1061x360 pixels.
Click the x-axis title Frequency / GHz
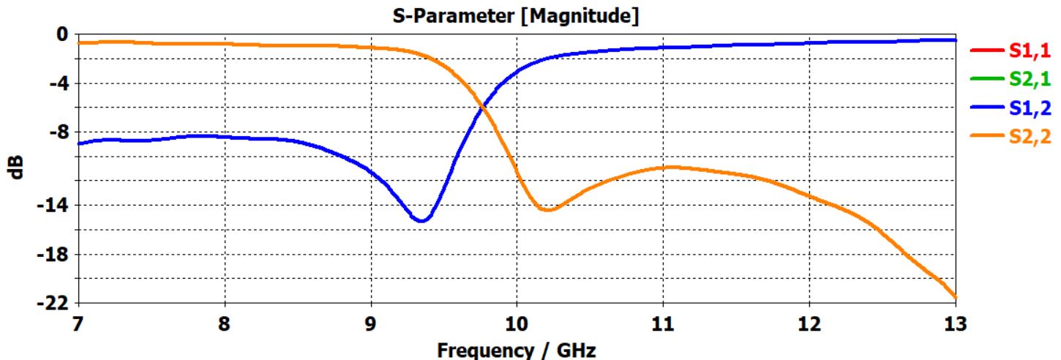click(x=517, y=350)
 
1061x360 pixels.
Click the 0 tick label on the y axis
click(x=62, y=34)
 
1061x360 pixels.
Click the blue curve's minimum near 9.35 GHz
click(x=422, y=220)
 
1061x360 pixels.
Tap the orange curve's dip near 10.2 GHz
click(x=547, y=210)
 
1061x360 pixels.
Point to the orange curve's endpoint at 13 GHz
click(x=955, y=296)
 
